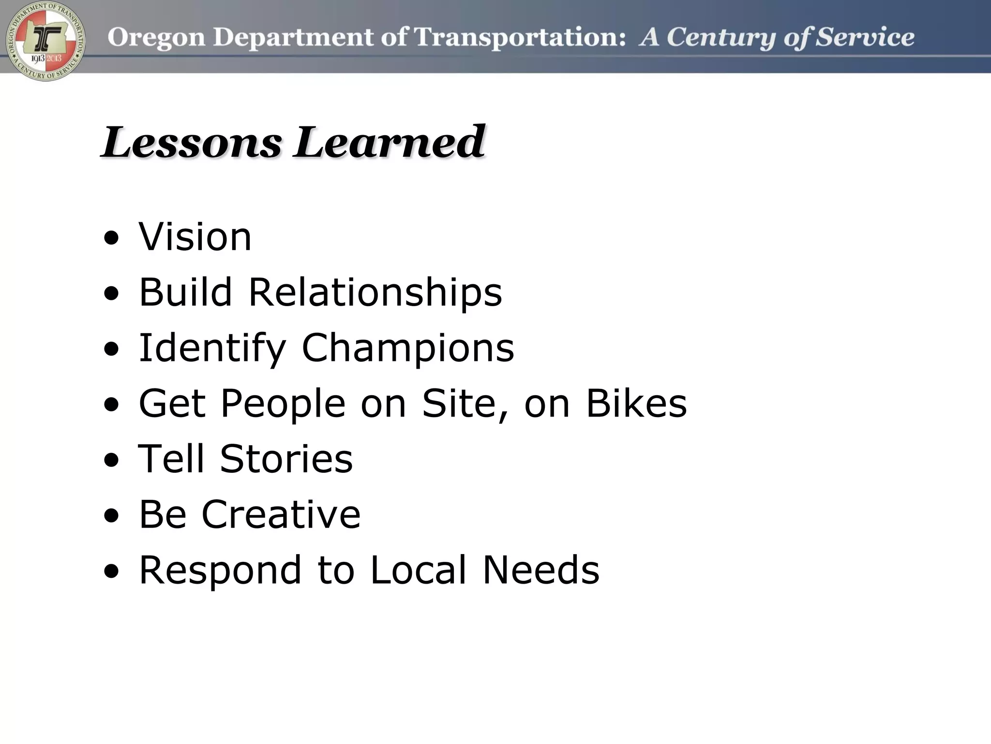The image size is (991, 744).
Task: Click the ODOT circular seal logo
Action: tap(45, 41)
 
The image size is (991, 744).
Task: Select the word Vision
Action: tap(195, 237)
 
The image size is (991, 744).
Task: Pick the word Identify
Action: tap(212, 349)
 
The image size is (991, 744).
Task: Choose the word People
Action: tap(283, 404)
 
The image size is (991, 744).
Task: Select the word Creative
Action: tap(281, 514)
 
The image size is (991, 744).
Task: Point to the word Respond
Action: tap(221, 571)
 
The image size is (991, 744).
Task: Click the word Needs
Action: tap(541, 570)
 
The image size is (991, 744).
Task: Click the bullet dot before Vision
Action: tap(111, 238)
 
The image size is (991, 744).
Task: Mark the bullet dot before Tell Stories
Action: tap(111, 460)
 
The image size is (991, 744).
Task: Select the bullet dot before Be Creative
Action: tap(111, 516)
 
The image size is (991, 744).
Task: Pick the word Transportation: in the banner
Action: tap(520, 37)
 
